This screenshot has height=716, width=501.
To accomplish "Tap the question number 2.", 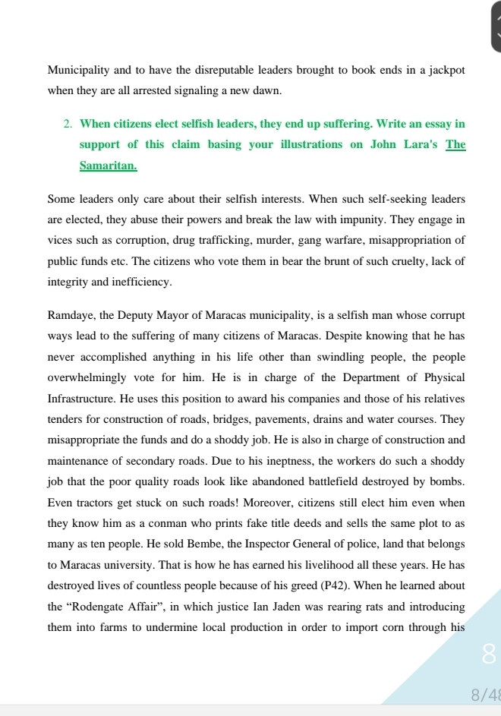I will (x=68, y=124).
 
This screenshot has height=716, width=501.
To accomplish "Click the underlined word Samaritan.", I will (x=108, y=165).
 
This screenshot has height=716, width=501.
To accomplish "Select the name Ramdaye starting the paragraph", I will (x=70, y=315).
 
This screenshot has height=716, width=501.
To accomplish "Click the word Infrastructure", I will (x=81, y=399).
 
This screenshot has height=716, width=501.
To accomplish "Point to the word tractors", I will (x=96, y=503).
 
